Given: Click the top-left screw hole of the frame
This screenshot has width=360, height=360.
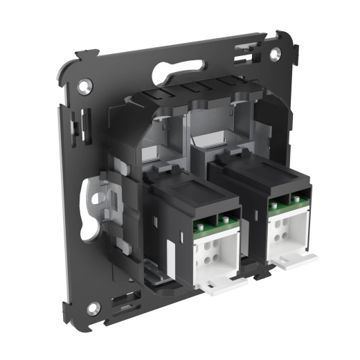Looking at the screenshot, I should pos(85,87).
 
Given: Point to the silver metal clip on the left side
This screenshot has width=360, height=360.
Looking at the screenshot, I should pos(101,198).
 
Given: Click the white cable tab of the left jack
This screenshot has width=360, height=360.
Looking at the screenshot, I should pos(224,285).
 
